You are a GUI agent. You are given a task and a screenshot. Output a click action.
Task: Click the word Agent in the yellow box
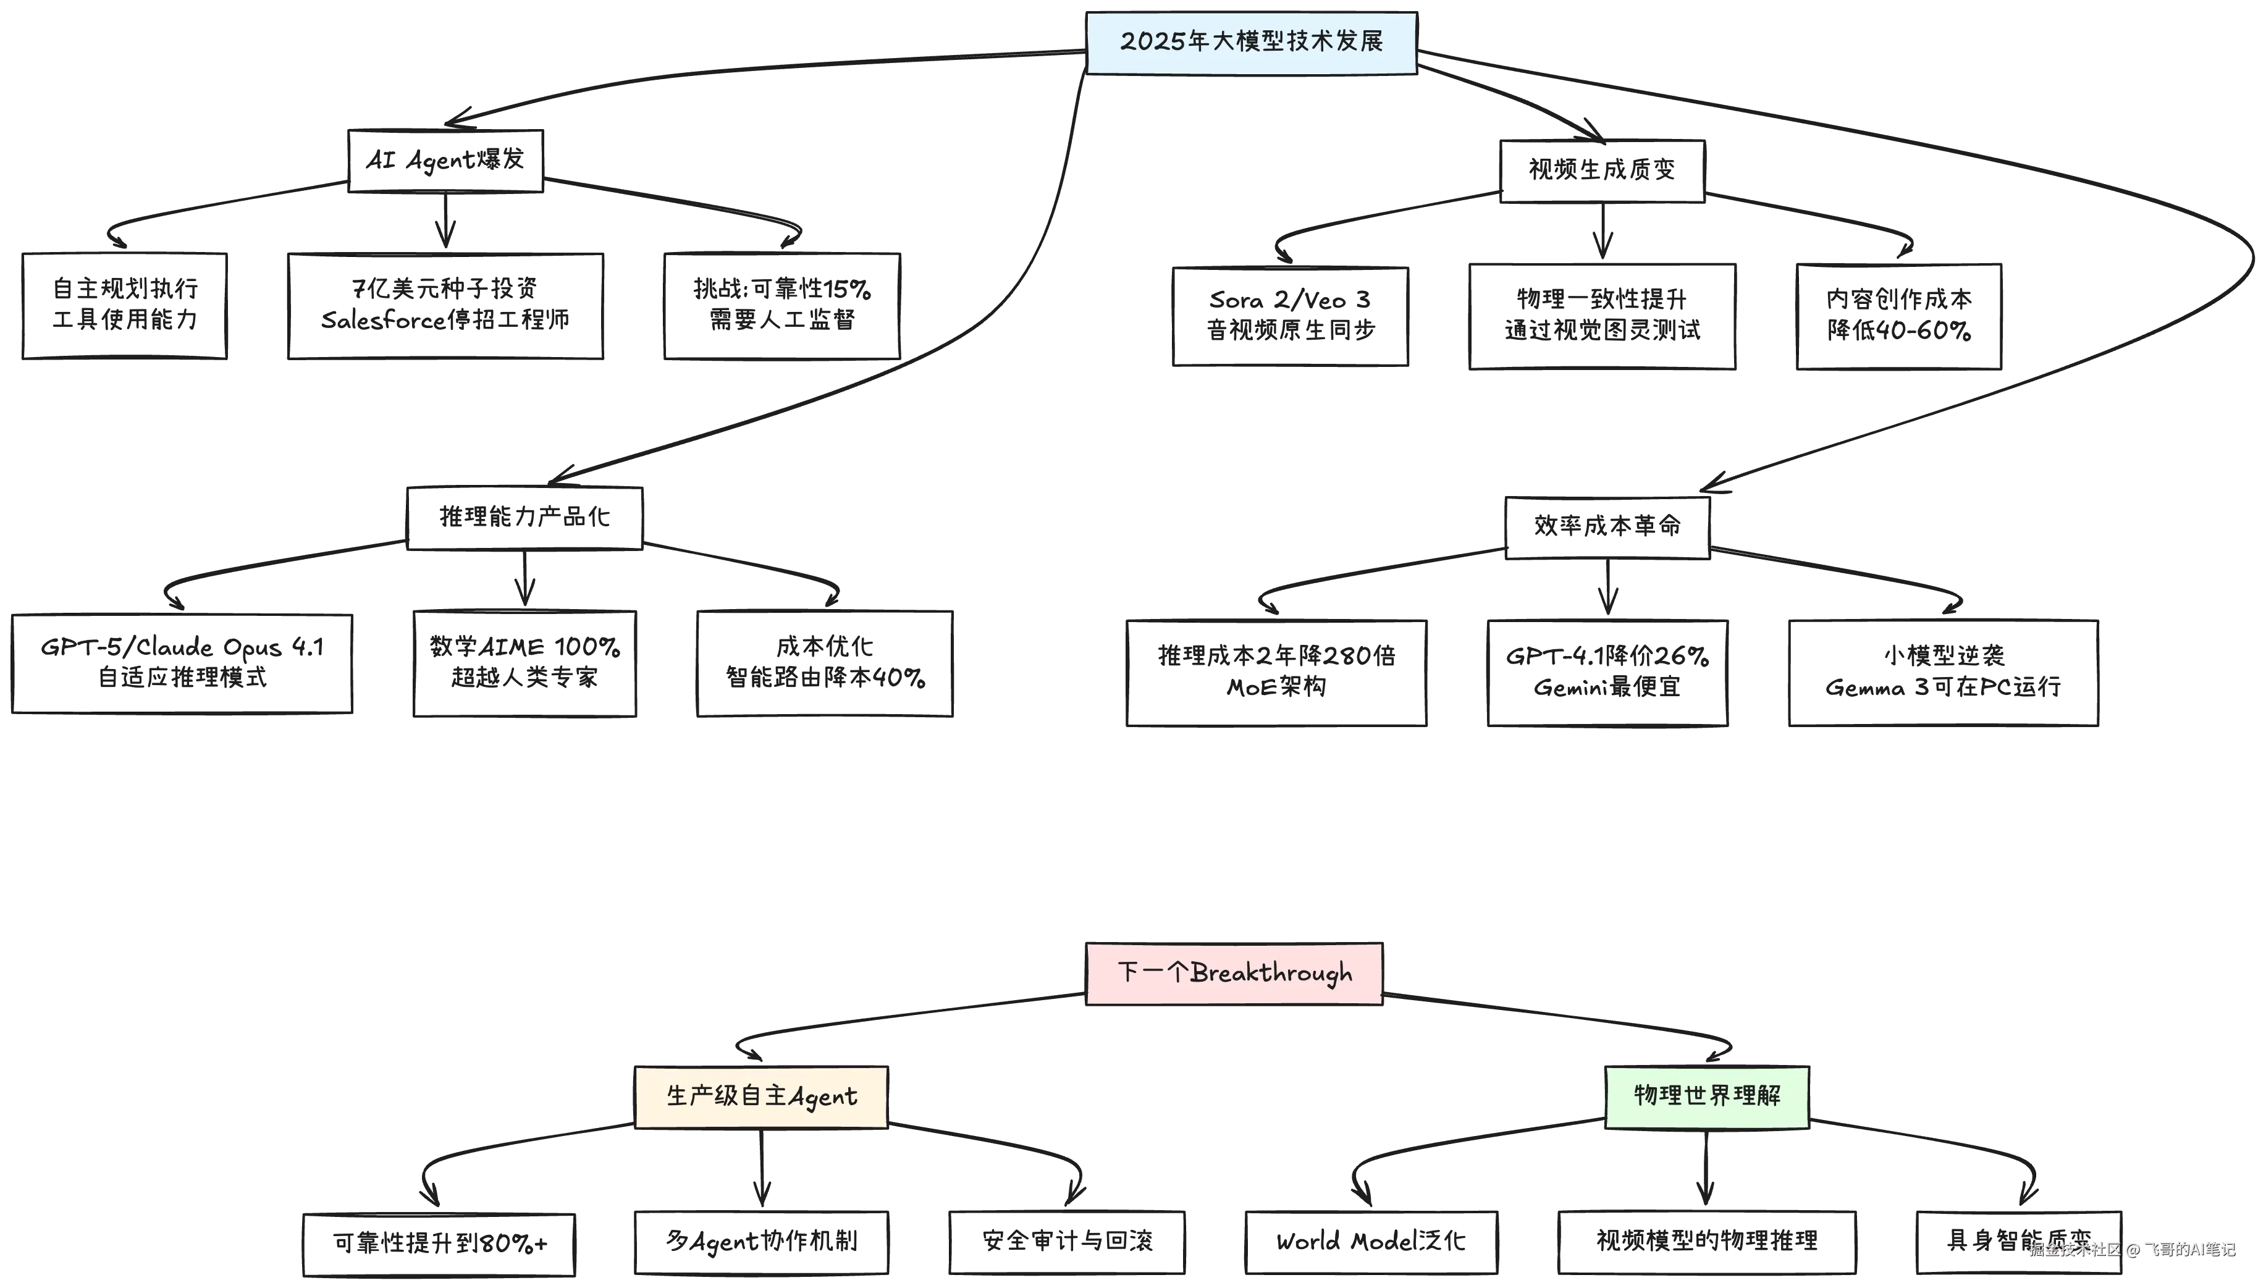pos(822,1097)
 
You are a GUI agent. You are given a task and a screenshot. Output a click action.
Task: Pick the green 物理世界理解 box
pos(1707,1096)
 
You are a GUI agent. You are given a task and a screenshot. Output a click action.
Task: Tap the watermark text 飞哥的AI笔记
pos(2190,1249)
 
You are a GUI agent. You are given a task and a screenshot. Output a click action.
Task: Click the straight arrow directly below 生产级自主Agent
pos(760,1168)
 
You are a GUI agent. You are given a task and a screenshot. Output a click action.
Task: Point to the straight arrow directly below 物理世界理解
pos(1705,1168)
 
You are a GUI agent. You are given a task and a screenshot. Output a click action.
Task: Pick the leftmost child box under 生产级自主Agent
pos(440,1244)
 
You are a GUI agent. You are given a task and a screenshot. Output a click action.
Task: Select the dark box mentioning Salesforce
pos(447,305)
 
